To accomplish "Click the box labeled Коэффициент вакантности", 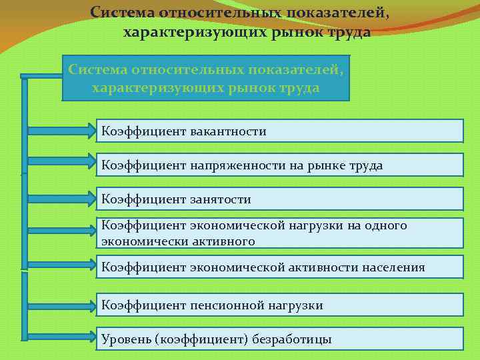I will click(x=280, y=131).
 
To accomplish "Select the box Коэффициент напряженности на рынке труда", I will click(x=280, y=165).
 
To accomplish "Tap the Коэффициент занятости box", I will click(x=280, y=199).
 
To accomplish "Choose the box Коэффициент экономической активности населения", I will click(x=280, y=267).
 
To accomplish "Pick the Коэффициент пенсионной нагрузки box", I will click(x=280, y=305).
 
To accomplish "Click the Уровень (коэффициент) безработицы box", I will click(x=280, y=339).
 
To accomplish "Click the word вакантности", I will click(x=228, y=131).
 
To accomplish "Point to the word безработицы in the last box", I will click(x=292, y=339).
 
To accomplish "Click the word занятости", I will click(x=220, y=199).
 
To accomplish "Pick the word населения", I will click(x=393, y=267).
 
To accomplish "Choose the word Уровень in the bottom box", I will click(x=125, y=339).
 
